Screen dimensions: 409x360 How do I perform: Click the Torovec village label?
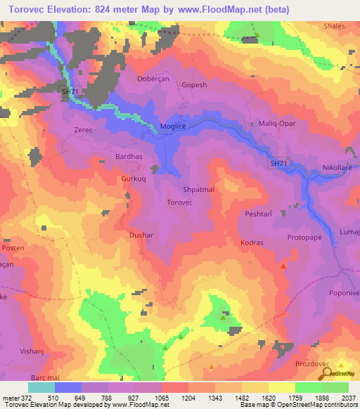180,202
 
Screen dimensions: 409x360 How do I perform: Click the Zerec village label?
83,130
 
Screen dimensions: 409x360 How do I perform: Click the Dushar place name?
141,235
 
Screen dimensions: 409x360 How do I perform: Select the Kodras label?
252,242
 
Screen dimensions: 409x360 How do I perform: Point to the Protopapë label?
304,238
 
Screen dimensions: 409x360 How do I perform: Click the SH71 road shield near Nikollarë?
279,163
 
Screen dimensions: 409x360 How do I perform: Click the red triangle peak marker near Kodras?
283,266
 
